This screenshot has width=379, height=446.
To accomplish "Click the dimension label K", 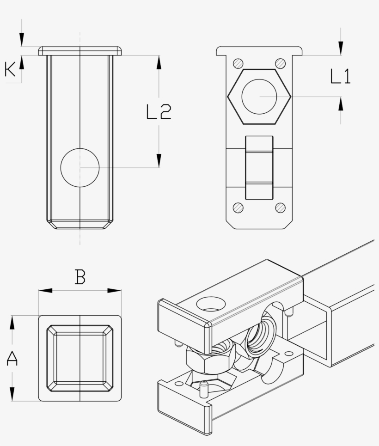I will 10,70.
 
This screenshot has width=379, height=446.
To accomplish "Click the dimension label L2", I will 159,112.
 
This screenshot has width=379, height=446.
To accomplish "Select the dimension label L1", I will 341,76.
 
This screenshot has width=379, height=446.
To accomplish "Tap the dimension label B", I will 80,277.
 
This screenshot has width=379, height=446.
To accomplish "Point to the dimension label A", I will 12,358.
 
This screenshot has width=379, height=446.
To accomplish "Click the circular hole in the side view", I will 80,168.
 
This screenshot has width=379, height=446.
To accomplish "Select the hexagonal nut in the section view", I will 259,97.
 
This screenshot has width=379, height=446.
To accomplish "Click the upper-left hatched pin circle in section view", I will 238,63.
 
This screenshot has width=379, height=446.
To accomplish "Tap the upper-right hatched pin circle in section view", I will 280,63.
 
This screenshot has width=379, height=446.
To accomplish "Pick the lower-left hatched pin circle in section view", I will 238,208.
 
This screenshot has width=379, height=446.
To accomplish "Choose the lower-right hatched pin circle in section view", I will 280,208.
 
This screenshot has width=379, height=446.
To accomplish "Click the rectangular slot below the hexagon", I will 259,167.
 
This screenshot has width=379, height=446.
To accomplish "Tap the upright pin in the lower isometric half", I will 202,389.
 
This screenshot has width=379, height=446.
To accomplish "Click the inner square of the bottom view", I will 80,358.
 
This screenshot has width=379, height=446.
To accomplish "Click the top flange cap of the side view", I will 80,50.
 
